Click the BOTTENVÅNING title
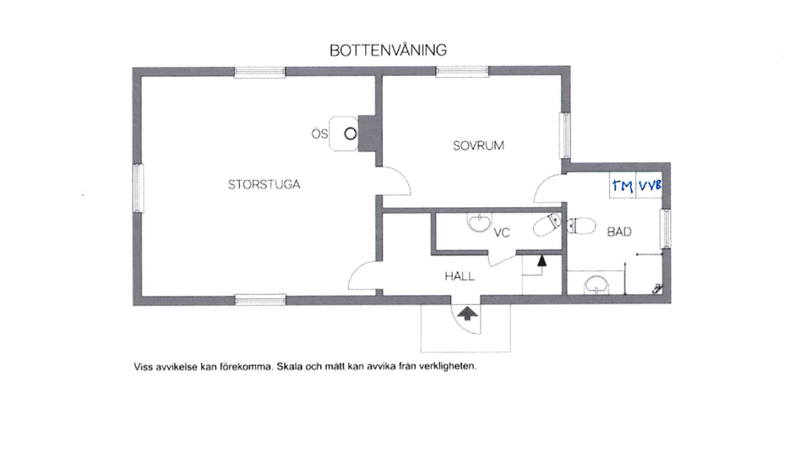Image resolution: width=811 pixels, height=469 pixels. (388, 50)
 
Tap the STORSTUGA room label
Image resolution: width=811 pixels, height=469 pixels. (264, 184)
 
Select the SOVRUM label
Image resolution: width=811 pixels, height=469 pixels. (478, 145)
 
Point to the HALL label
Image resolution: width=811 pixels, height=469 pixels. (460, 276)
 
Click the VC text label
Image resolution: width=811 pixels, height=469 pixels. (501, 233)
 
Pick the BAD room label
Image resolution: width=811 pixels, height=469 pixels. (619, 232)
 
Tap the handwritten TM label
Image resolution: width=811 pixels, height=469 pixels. (623, 185)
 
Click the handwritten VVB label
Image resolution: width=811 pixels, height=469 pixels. (650, 185)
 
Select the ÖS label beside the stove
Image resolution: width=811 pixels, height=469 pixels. (319, 134)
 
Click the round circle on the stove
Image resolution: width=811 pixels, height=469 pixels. (351, 134)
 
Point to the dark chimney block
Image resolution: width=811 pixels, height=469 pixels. (368, 134)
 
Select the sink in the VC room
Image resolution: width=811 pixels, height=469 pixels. (480, 222)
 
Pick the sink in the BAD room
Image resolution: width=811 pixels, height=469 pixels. (597, 284)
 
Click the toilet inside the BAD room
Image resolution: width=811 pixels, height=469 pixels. (580, 226)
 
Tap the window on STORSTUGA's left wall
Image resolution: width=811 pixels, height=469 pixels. (138, 188)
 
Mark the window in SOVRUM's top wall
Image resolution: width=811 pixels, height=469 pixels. (462, 72)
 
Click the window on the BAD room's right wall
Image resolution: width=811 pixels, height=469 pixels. (666, 228)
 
